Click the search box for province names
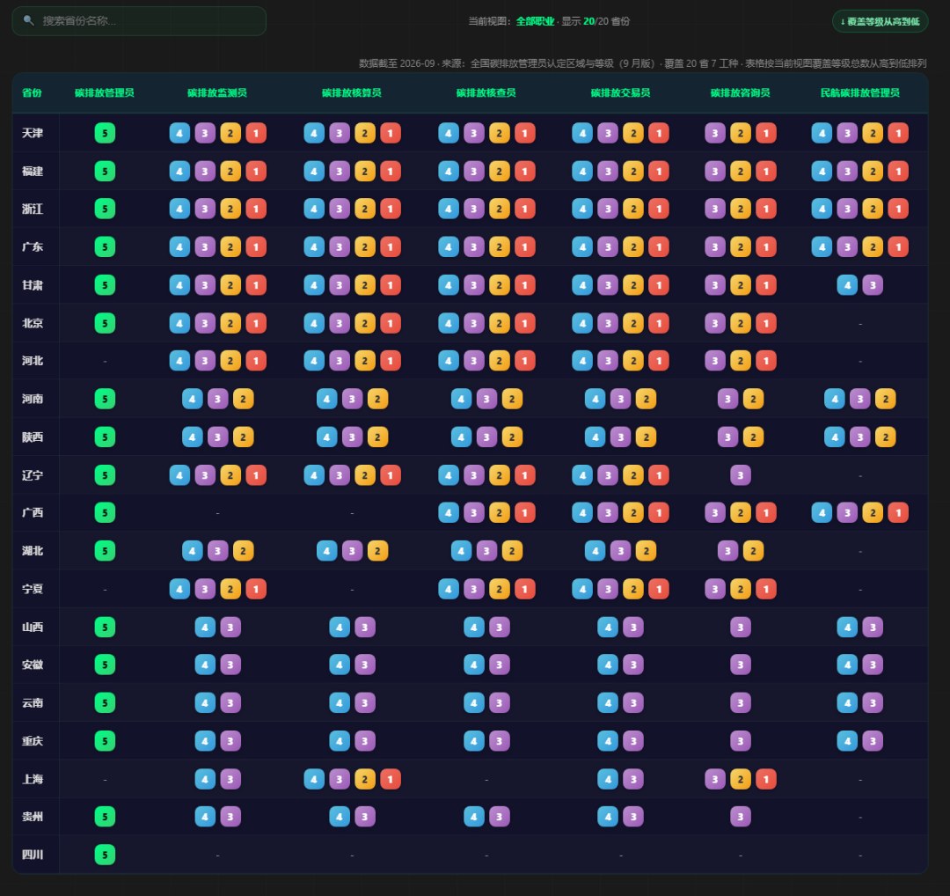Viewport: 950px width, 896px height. point(139,20)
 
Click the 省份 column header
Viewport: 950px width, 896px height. point(32,92)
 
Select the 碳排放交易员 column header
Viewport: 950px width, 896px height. point(620,92)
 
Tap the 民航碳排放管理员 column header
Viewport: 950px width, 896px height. point(859,92)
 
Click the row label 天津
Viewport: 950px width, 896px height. point(33,133)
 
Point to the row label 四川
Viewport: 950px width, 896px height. point(33,855)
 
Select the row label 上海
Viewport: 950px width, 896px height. point(33,779)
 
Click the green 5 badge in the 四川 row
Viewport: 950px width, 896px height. point(105,855)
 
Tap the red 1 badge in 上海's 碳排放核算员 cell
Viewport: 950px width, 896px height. point(391,779)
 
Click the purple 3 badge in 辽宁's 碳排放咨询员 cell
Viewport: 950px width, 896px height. point(741,475)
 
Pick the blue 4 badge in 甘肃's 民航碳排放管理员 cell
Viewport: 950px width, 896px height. point(847,285)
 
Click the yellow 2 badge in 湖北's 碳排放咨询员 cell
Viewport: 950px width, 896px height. point(753,551)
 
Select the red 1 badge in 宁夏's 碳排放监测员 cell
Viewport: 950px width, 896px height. point(256,589)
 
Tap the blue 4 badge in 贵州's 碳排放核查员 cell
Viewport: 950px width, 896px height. point(474,817)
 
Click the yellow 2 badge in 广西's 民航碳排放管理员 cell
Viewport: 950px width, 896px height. point(873,513)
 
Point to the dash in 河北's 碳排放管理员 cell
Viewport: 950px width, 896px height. point(105,362)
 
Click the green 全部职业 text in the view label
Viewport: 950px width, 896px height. point(535,21)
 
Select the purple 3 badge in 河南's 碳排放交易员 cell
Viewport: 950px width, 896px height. point(620,399)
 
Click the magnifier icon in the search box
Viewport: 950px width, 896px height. point(28,20)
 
